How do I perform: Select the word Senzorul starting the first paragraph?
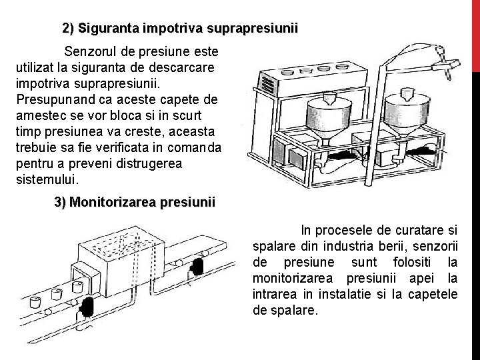91,51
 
